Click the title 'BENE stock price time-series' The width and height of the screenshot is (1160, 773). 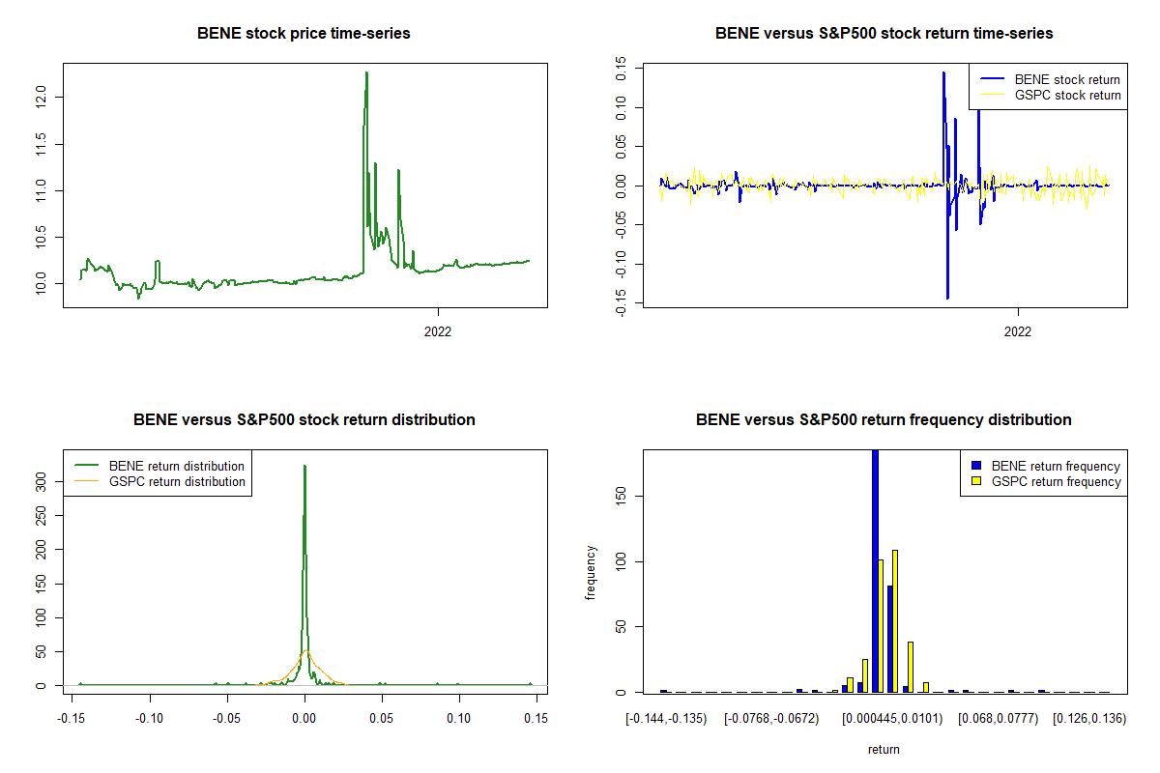(304, 33)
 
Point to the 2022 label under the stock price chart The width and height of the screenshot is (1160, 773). (439, 330)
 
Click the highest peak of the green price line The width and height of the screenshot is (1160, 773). (366, 72)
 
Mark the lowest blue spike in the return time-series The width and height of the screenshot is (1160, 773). (947, 297)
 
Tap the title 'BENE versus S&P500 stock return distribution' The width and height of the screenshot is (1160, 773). (304, 419)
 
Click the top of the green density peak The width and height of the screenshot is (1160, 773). (304, 466)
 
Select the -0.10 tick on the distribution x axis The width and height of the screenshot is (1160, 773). (149, 718)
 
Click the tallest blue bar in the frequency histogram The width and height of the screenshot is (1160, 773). (876, 570)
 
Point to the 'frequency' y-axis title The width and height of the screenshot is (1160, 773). (591, 572)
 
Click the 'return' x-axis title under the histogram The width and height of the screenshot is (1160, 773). (884, 749)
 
